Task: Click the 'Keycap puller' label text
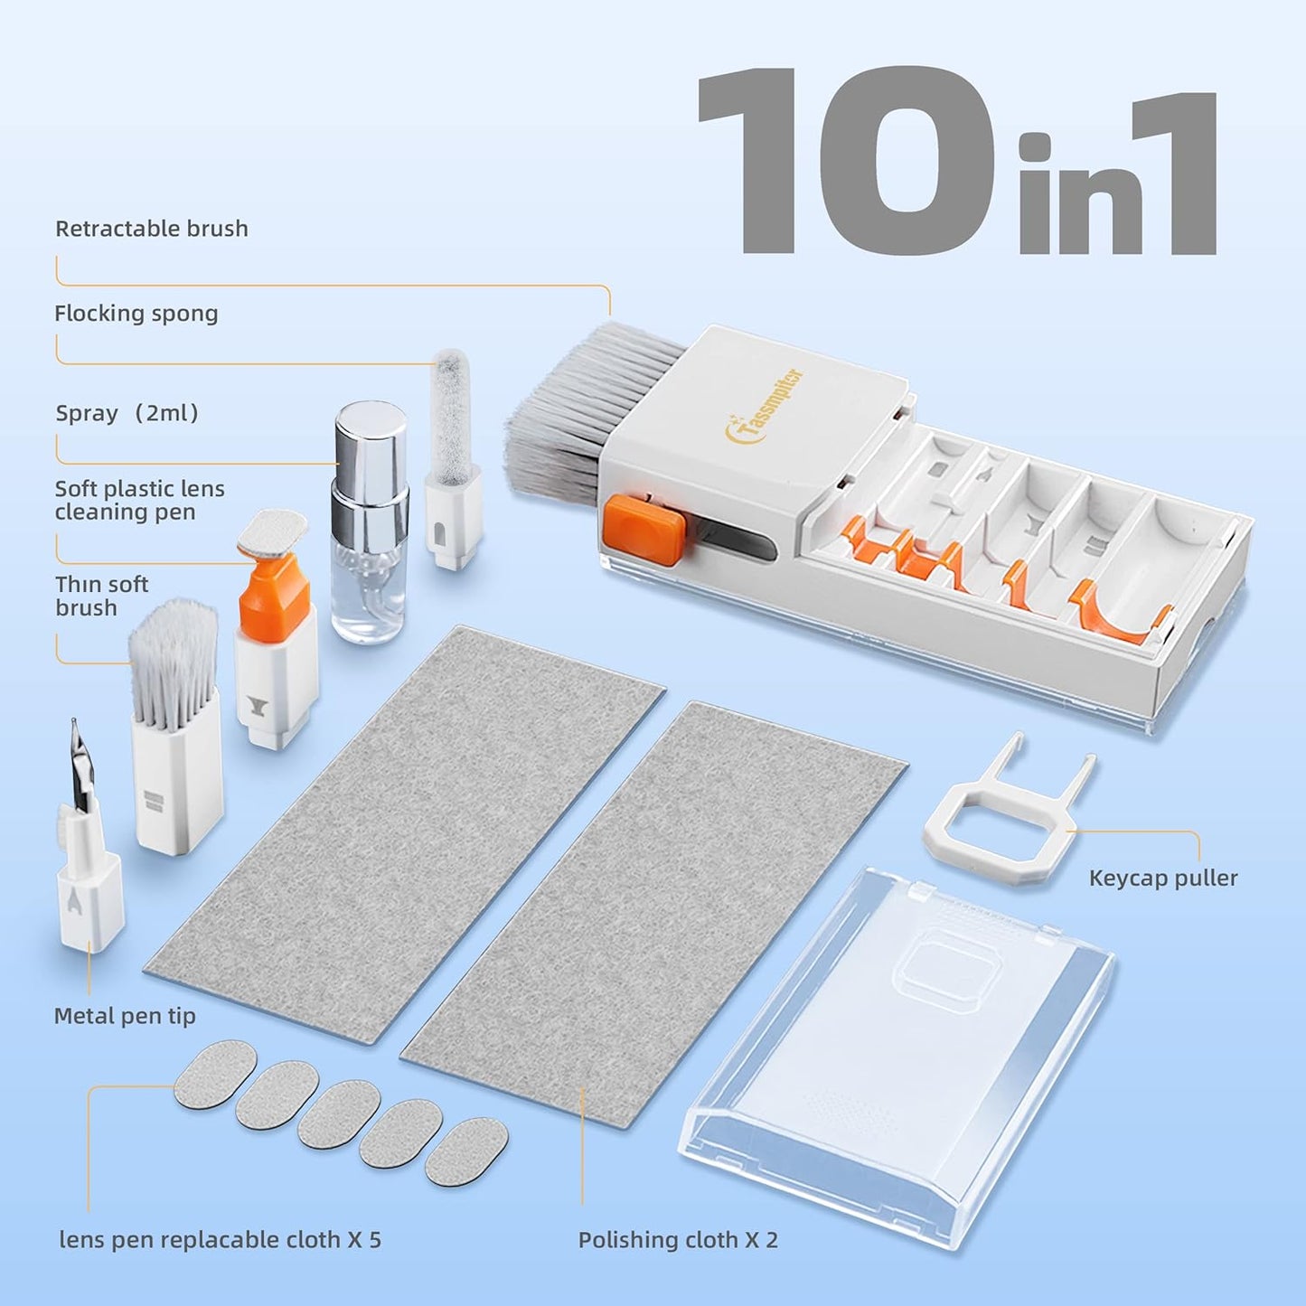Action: tap(1162, 878)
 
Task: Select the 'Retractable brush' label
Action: tap(152, 229)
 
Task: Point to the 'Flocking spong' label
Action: tap(136, 314)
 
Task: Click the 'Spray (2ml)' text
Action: tap(127, 413)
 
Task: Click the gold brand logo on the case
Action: tap(765, 406)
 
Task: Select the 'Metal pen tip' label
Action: tap(125, 1016)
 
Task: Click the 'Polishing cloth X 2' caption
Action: tap(678, 1240)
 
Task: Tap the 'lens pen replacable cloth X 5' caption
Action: tap(220, 1240)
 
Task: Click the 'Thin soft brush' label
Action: tap(101, 597)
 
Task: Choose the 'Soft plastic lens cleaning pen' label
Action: tap(139, 500)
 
